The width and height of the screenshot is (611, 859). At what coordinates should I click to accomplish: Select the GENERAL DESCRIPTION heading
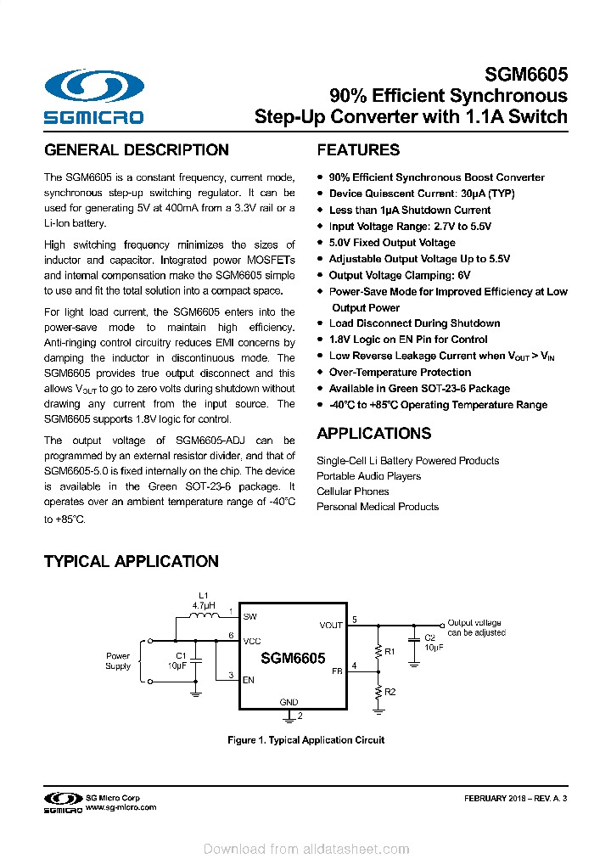[x=136, y=150]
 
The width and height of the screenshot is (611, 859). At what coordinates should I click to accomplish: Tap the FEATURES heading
[x=358, y=150]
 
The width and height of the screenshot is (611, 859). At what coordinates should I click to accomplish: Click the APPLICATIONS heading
[x=373, y=434]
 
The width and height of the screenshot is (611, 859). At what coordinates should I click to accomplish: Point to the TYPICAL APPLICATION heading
[x=131, y=561]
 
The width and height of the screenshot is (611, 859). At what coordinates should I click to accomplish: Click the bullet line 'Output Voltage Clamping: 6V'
[x=399, y=275]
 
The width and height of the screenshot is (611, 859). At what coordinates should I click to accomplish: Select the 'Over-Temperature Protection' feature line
[x=400, y=373]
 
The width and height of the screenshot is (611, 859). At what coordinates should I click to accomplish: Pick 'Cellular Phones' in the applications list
[x=353, y=491]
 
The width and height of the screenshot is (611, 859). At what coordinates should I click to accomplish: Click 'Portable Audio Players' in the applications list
[x=368, y=476]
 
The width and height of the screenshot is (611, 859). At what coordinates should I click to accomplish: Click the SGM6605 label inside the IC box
[x=293, y=658]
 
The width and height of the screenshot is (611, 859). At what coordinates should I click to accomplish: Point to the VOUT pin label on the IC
[x=331, y=626]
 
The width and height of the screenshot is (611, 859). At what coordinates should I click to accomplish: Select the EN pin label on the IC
[x=249, y=679]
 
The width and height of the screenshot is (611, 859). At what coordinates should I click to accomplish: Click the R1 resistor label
[x=390, y=652]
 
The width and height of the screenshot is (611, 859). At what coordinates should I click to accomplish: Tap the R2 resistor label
[x=390, y=693]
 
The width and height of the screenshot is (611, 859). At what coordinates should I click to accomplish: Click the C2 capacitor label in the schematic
[x=429, y=637]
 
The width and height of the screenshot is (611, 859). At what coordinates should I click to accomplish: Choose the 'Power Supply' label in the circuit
[x=118, y=660]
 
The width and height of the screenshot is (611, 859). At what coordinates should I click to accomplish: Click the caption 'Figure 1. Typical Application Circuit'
[x=305, y=740]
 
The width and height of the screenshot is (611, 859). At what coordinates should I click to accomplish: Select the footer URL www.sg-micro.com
[x=121, y=808]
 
